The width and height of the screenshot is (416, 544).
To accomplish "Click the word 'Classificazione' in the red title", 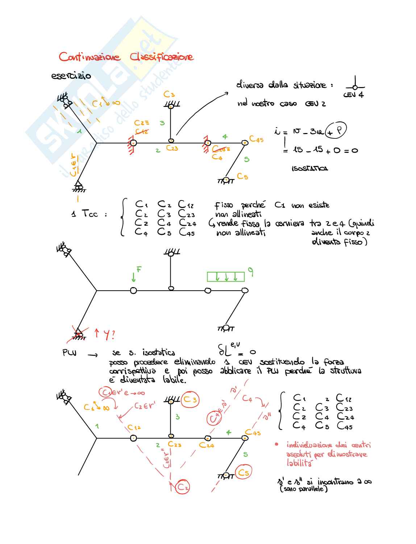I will (x=162, y=57).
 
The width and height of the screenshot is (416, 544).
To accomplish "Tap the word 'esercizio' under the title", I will (x=71, y=76).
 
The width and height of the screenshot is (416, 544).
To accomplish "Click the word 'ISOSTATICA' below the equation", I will (x=310, y=169).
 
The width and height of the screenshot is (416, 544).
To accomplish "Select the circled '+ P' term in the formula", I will (x=336, y=130).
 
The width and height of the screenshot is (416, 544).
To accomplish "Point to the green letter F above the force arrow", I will (x=139, y=269).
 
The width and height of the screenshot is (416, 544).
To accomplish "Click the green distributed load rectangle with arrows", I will (x=226, y=277).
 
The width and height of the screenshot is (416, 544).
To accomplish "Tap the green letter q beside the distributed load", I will (x=250, y=271).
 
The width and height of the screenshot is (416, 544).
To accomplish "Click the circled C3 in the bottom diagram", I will (x=190, y=399).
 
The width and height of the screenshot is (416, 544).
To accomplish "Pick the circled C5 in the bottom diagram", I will (x=244, y=473).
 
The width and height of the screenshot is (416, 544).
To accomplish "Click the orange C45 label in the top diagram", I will (x=256, y=139).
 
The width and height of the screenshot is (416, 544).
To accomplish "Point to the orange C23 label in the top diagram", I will (x=172, y=148).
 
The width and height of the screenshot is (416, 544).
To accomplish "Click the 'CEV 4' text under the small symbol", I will (x=353, y=95).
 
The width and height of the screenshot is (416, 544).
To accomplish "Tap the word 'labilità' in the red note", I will (x=299, y=463).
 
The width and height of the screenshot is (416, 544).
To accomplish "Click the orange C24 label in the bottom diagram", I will (x=207, y=445).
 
